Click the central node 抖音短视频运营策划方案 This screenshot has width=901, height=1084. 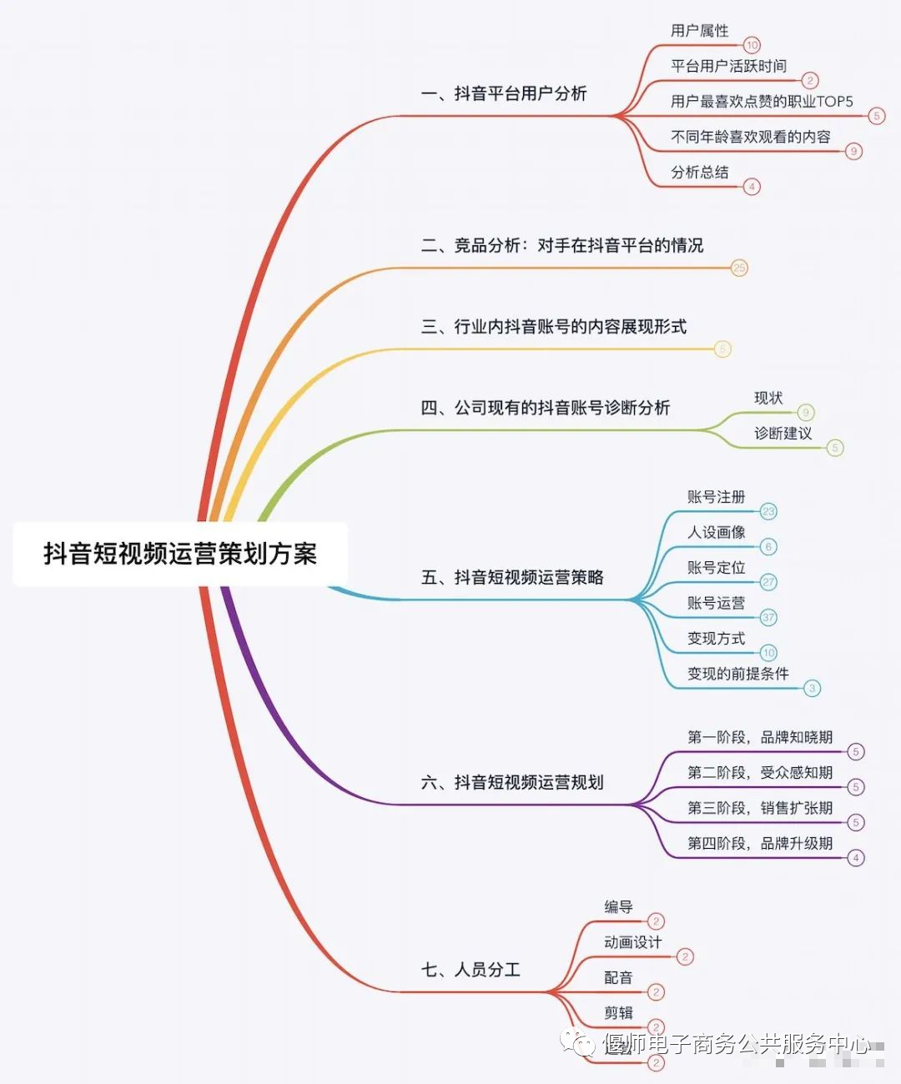point(179,554)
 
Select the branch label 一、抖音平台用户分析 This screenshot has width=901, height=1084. point(504,93)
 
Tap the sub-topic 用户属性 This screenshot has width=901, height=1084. point(699,31)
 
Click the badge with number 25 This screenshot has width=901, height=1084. point(739,268)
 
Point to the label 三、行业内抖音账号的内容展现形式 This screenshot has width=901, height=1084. point(553,326)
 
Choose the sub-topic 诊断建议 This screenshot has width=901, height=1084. point(783,434)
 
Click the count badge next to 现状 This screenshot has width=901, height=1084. point(805,412)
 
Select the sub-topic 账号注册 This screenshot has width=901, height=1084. point(716,497)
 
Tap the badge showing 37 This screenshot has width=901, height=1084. point(768,618)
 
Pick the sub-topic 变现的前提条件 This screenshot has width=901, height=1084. point(737,674)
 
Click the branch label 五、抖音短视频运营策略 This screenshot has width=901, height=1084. point(512,577)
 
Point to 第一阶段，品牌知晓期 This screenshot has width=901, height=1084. point(759,737)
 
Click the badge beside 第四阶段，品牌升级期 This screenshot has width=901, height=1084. point(855,858)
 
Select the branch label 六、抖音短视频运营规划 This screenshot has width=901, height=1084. point(512,782)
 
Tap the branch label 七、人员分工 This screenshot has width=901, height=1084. point(471,970)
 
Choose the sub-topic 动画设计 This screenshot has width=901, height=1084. point(632,942)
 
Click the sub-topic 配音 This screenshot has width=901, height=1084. point(618,977)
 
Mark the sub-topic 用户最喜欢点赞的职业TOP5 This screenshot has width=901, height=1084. point(762,102)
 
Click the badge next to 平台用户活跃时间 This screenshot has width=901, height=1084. point(809,81)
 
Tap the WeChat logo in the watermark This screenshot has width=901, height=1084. point(576,1042)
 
